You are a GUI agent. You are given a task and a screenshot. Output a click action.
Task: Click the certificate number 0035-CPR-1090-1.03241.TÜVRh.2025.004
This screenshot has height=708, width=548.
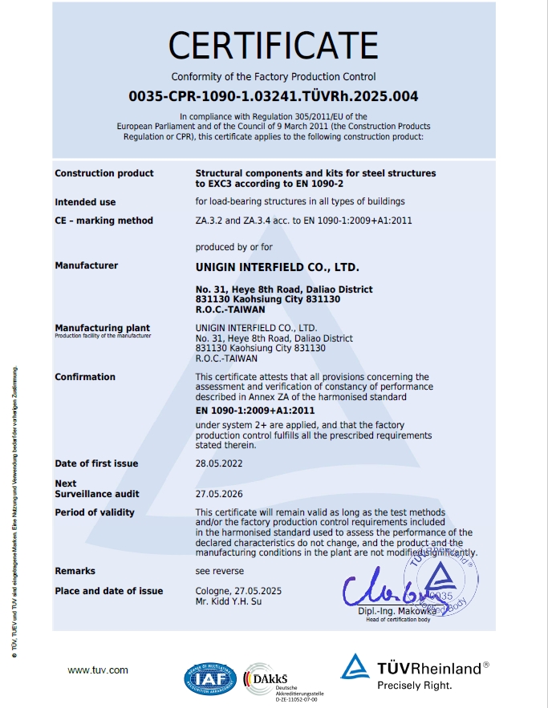point(274,96)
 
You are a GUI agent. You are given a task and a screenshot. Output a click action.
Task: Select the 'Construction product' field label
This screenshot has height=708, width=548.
point(104,173)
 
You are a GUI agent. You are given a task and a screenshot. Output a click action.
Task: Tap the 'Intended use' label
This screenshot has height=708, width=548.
point(85,202)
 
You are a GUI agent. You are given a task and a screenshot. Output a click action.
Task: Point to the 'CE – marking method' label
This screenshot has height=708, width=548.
point(104,220)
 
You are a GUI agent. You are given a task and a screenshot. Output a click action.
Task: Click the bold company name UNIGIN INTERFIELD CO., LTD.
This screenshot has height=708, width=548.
point(278,265)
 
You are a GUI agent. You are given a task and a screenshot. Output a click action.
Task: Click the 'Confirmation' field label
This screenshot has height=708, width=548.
point(85,377)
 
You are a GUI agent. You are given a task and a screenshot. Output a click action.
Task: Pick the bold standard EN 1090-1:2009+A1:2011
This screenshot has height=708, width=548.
point(255,411)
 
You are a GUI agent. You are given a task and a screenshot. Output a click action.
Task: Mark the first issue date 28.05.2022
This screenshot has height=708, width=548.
point(219,463)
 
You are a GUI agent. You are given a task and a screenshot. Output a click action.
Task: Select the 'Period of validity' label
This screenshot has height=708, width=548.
point(95,512)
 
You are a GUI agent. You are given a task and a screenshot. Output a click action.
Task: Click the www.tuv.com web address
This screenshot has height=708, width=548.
point(98,670)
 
